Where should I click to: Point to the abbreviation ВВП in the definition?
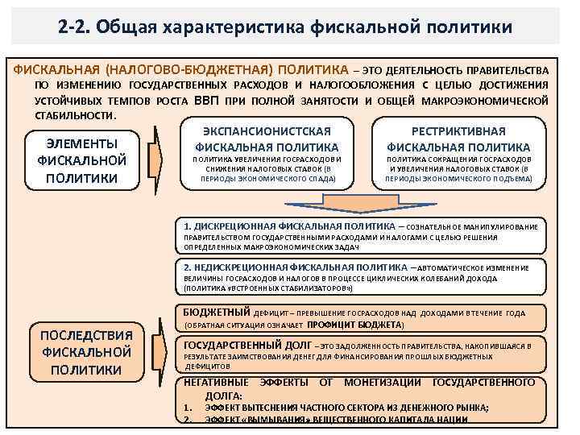[x=209, y=101]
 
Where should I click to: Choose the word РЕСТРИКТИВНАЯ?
[x=458, y=131]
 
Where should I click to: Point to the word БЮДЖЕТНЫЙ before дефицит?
[x=217, y=312]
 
